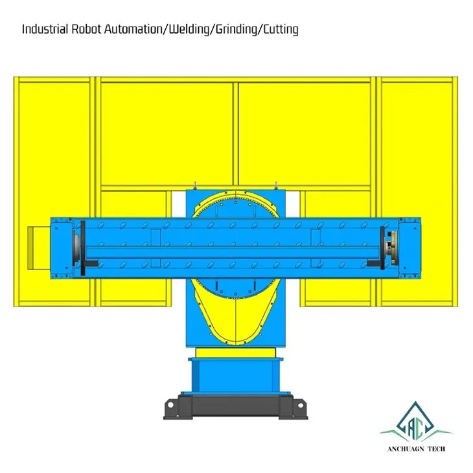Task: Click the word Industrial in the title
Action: (x=45, y=29)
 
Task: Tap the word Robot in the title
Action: (x=86, y=29)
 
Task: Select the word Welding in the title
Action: (x=189, y=30)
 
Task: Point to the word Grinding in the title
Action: (x=236, y=30)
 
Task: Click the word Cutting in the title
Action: (x=281, y=30)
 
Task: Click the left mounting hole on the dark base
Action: (x=170, y=404)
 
